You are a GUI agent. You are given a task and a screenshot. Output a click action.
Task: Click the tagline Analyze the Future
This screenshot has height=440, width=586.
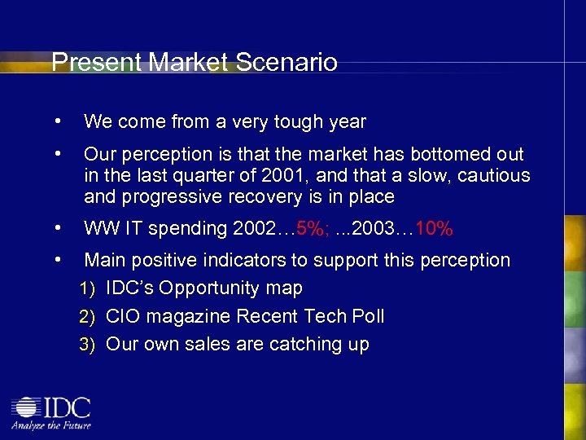50,425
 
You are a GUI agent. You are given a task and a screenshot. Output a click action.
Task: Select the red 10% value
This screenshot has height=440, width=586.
433,230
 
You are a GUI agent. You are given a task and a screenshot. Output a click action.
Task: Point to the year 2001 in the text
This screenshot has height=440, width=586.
285,175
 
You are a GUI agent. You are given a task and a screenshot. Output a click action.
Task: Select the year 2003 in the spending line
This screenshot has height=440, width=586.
370,230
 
